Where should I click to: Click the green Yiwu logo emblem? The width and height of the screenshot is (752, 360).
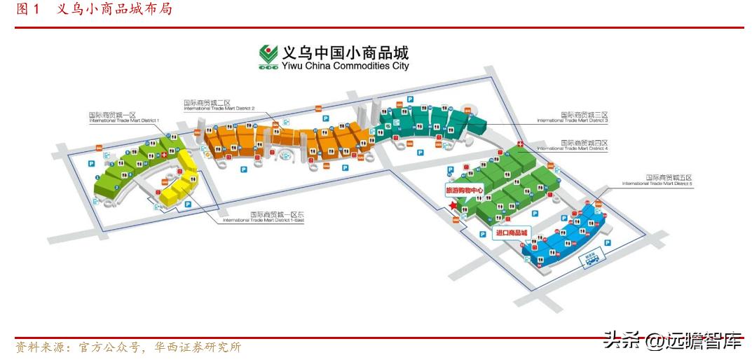coord(268,57)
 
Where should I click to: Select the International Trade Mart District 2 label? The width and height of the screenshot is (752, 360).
coord(219,105)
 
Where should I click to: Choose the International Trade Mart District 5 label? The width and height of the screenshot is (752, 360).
coord(657,181)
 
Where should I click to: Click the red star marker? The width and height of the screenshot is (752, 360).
coord(453,205)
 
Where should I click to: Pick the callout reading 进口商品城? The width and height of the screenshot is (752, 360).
coord(511,233)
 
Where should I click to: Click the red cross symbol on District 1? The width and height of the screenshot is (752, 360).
coord(164,154)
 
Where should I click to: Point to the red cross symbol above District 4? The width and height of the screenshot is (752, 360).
coord(519,144)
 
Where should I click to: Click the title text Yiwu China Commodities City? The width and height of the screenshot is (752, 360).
coord(345,67)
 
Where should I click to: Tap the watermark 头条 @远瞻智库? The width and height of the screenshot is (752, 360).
coord(672,342)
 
